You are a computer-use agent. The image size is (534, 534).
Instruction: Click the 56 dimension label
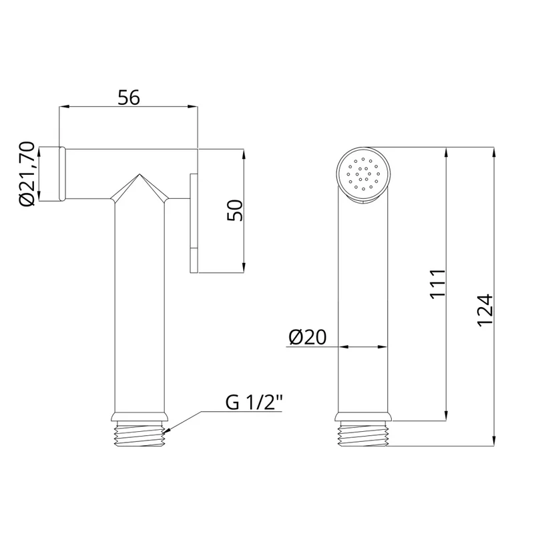click(x=129, y=97)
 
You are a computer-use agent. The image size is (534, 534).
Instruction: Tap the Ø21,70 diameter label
click(x=27, y=174)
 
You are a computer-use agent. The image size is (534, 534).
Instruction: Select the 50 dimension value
click(x=235, y=210)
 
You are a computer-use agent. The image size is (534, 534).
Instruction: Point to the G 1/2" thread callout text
click(x=254, y=403)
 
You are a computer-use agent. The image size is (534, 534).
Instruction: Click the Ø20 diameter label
click(x=308, y=337)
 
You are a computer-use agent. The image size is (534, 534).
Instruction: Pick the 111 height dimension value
click(x=438, y=284)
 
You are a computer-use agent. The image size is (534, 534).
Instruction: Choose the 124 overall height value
click(x=485, y=311)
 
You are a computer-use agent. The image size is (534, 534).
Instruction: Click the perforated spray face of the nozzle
click(x=363, y=174)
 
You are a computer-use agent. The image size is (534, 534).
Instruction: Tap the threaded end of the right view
click(x=363, y=433)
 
